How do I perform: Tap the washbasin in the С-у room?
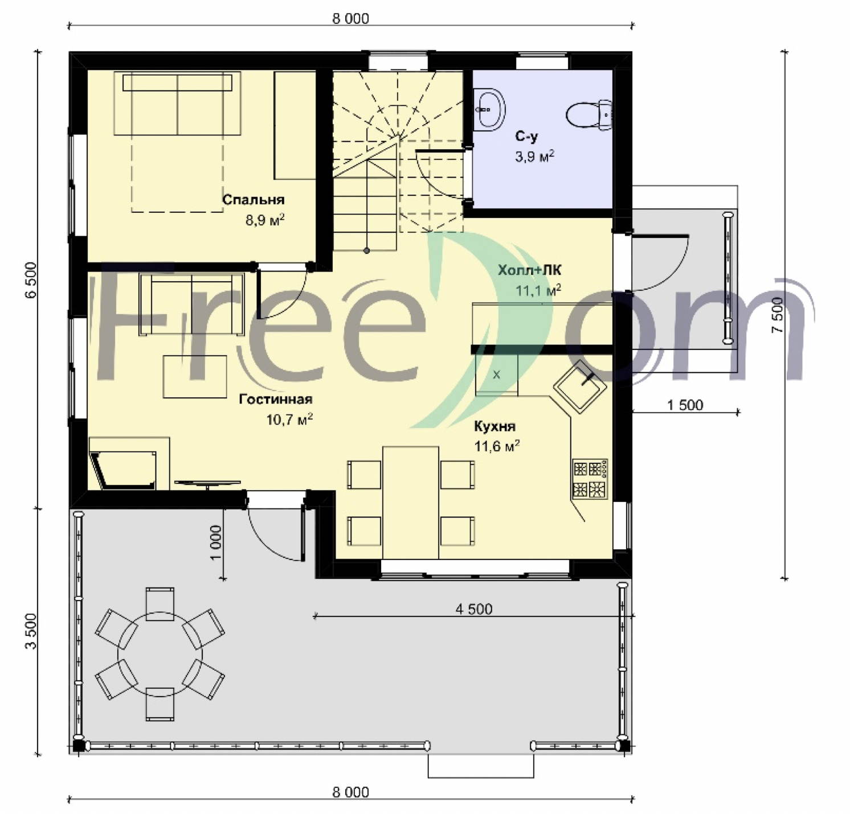(489, 108)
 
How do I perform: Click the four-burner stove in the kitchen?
(590, 479)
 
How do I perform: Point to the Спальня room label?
(253, 200)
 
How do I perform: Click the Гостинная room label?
(276, 399)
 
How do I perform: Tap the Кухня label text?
(495, 426)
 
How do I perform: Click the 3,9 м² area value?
(535, 157)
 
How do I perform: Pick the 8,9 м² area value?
(265, 220)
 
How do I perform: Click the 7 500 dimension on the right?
(779, 316)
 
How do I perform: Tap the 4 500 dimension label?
(474, 609)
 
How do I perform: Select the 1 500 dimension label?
(685, 405)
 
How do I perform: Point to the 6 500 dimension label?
(31, 279)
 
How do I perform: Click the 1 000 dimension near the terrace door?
(215, 542)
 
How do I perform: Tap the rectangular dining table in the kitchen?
(411, 503)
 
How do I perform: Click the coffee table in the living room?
(195, 376)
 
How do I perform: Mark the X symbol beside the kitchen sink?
(496, 375)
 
